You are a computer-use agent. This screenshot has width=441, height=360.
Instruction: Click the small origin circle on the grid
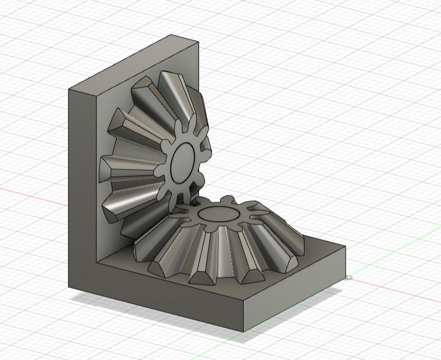(349, 277)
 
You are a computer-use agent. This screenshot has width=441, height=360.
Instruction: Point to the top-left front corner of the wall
(69, 90)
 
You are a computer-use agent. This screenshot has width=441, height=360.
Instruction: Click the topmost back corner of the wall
(171, 35)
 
